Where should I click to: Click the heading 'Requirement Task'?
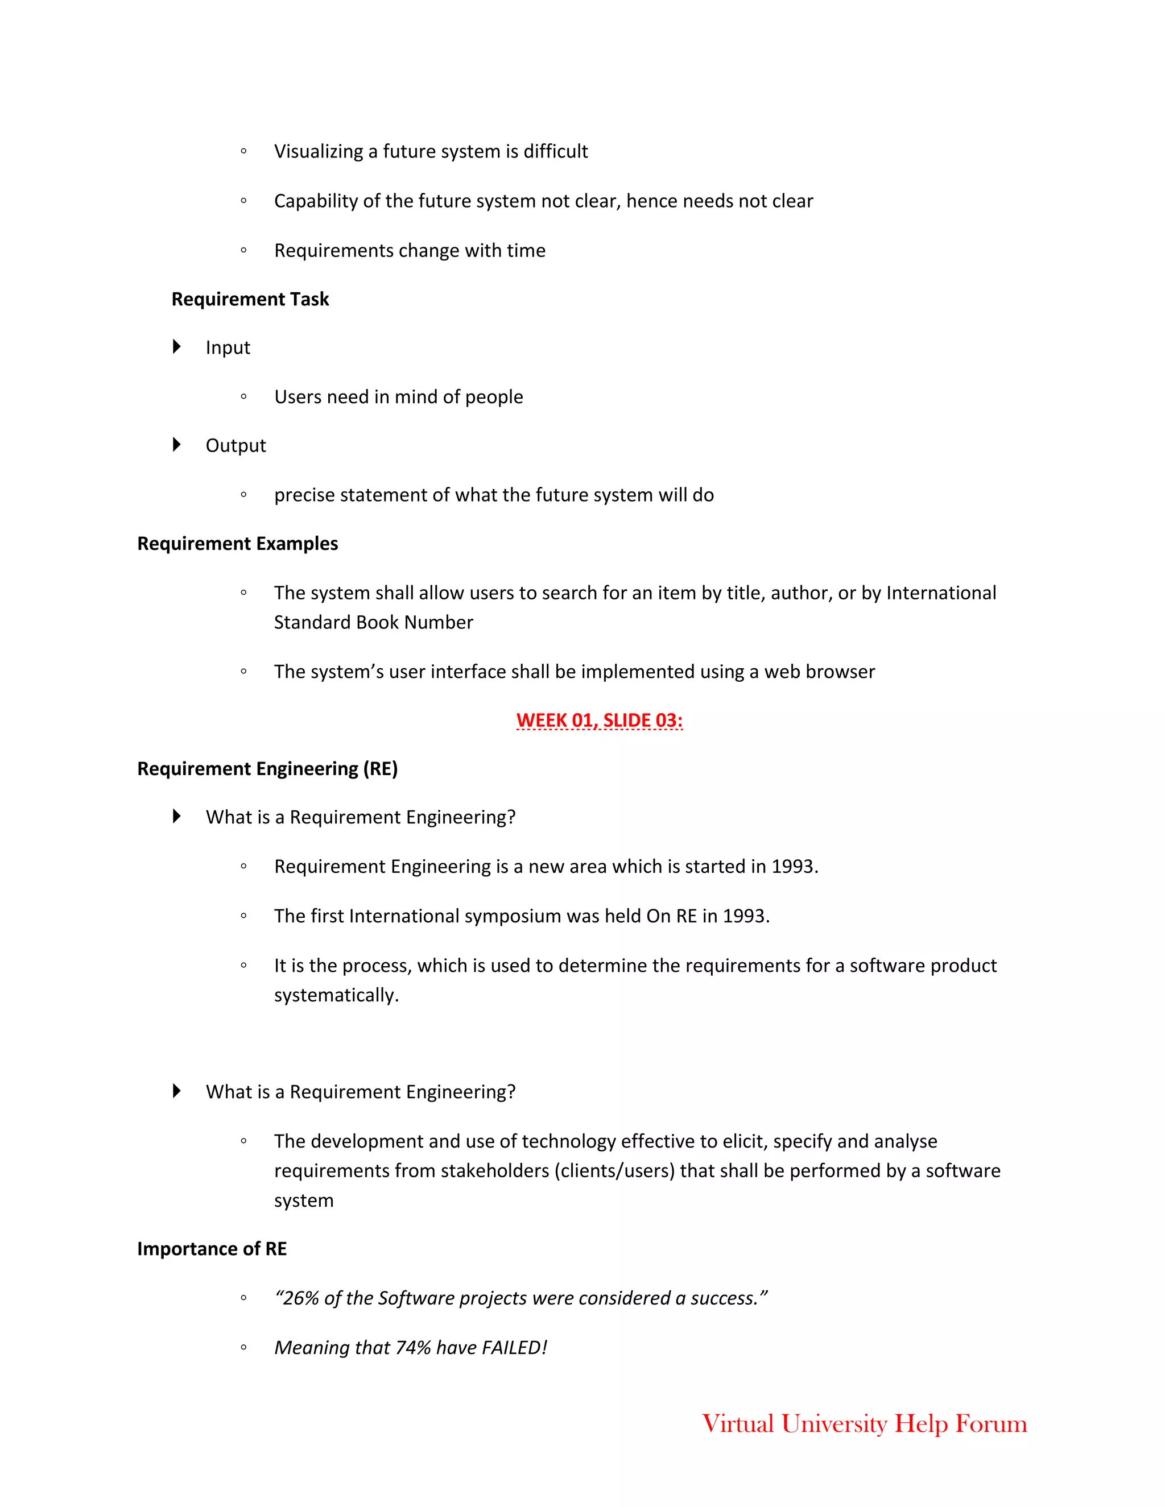point(250,300)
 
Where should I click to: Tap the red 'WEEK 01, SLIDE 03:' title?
point(599,721)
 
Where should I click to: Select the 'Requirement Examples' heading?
point(237,544)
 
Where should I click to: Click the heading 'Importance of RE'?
point(212,1249)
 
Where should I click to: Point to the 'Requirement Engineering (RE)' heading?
point(267,769)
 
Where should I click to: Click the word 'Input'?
point(228,348)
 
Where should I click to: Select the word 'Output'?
point(236,446)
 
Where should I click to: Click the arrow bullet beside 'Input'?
point(177,346)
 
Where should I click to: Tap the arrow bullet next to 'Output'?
point(177,444)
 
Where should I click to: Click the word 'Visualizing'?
point(318,152)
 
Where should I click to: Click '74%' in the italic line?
point(414,1348)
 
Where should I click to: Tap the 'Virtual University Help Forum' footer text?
point(864,1423)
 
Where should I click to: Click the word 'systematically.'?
point(336,995)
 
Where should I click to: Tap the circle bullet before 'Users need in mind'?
point(243,397)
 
